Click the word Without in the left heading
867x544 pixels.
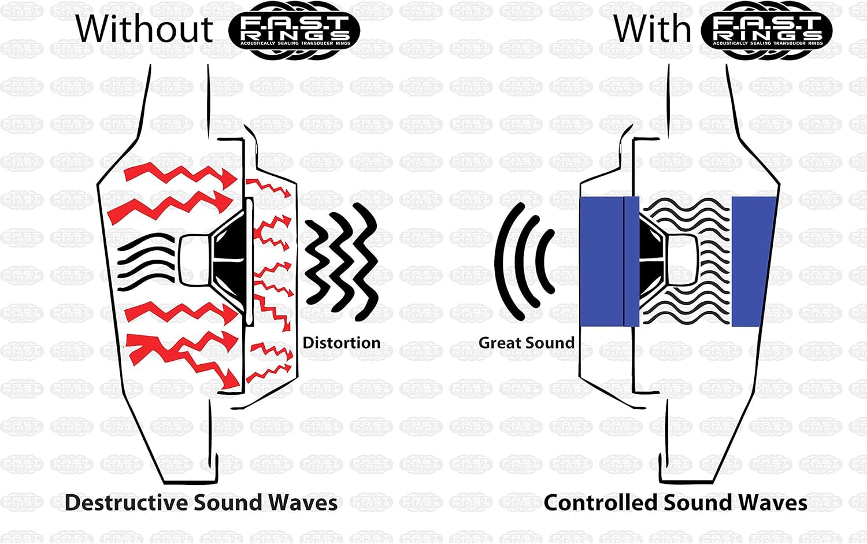click(x=144, y=28)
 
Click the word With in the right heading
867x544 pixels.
click(x=652, y=28)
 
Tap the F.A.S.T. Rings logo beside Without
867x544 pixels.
click(x=294, y=30)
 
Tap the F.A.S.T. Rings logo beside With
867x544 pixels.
click(x=766, y=30)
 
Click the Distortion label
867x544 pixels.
click(x=341, y=343)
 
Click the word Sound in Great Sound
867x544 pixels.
click(x=553, y=343)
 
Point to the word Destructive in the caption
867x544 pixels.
click(x=126, y=502)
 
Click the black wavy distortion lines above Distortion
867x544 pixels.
click(x=341, y=260)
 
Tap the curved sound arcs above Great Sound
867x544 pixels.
click(x=523, y=260)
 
